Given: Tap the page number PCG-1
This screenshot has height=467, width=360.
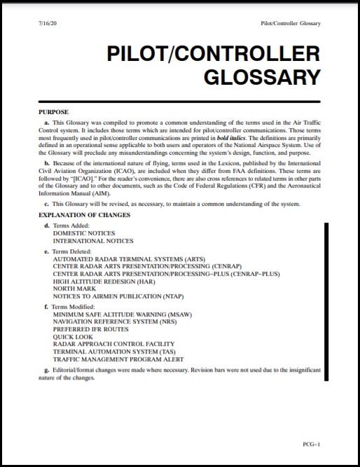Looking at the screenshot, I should point(312,444).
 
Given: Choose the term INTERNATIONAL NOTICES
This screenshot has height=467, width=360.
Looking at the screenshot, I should point(93,241).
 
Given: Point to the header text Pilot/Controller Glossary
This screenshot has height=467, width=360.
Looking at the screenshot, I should point(290,24).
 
